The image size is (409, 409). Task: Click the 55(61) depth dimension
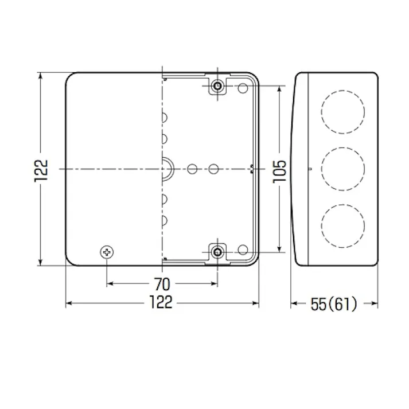334,303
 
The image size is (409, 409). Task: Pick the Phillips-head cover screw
107,251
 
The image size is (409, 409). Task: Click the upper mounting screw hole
217,87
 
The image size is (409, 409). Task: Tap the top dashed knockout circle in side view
343,112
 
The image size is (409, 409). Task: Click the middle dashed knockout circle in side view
343,169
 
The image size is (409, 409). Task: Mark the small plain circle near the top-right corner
243,88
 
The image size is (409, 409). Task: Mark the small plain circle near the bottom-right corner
243,250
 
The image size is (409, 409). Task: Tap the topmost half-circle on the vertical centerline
165,118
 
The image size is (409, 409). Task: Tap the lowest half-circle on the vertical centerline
165,220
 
